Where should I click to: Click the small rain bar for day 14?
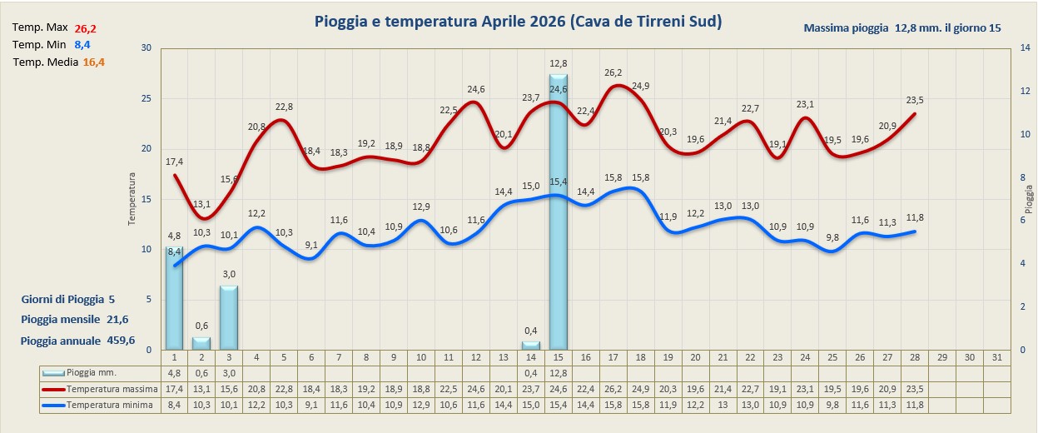pyautogui.click(x=530, y=345)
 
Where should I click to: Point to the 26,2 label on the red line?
pyautogui.click(x=613, y=72)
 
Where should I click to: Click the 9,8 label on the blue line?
pyautogui.click(x=832, y=237)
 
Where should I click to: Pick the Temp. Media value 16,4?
pyautogui.click(x=94, y=62)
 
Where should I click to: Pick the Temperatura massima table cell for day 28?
pyautogui.click(x=915, y=389)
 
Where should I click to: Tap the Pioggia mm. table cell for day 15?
pyautogui.click(x=558, y=373)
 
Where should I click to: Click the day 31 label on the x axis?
pyautogui.click(x=996, y=357)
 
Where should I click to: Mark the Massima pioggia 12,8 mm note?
pyautogui.click(x=902, y=28)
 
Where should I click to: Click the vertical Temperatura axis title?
pyautogui.click(x=131, y=200)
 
